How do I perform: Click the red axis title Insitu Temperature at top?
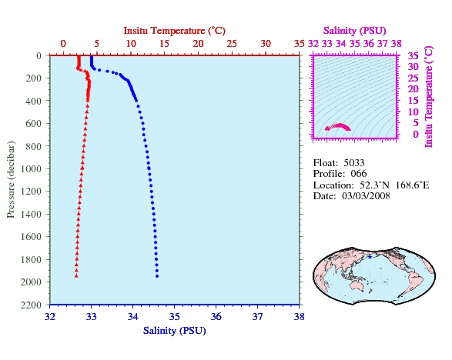(174, 31)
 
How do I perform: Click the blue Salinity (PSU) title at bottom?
(174, 331)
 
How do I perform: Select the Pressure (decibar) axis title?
(11, 179)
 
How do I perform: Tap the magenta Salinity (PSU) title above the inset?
(354, 31)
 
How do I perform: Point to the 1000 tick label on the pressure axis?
(31, 168)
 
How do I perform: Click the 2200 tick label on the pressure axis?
(31, 305)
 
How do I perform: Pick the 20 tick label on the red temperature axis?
(199, 44)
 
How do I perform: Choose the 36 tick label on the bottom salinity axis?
(216, 317)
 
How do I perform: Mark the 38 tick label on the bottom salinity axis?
(299, 317)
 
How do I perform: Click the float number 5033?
(354, 163)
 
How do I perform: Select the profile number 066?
(359, 174)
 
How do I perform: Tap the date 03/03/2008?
(366, 196)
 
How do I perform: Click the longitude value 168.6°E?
(412, 185)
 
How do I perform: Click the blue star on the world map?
(370, 257)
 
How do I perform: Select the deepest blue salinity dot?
(157, 276)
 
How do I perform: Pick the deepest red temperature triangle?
(76, 276)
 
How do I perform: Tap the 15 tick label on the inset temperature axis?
(413, 101)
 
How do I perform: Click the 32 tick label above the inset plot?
(313, 44)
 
